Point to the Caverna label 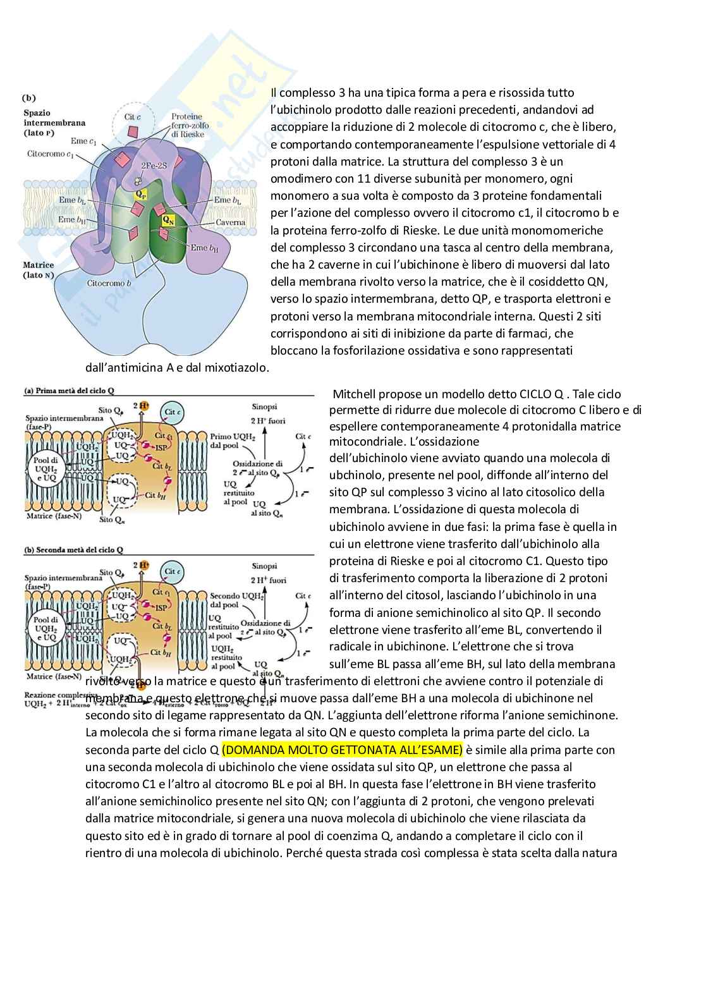pos(230,222)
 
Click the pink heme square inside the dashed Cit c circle pos(133,131)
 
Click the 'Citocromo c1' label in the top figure pos(47,154)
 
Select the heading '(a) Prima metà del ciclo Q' pos(70,391)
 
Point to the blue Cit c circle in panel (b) pos(171,571)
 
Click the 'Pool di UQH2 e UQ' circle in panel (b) pos(46,629)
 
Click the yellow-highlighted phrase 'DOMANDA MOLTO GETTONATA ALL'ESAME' pos(342,750)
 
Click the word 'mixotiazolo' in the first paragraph pos(237,367)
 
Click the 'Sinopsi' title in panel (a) pos(265,407)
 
